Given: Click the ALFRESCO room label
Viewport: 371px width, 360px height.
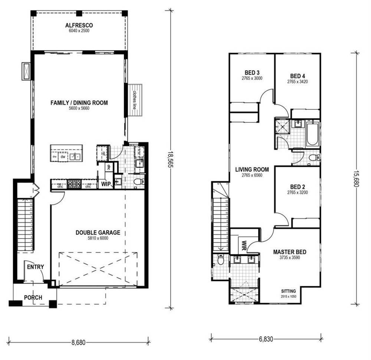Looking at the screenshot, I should click(79, 26).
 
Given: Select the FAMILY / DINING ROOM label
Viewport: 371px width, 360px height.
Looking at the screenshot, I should click(79, 103).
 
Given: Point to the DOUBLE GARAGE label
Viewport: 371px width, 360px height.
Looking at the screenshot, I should click(98, 232).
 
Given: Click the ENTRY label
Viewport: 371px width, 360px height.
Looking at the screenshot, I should click(35, 267).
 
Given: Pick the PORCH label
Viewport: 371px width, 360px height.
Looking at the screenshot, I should click(33, 297).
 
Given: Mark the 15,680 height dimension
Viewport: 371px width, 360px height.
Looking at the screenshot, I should click(357, 178).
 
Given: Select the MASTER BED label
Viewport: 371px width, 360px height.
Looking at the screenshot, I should click(290, 252).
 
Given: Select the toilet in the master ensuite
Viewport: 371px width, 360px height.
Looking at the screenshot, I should click(221, 261).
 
